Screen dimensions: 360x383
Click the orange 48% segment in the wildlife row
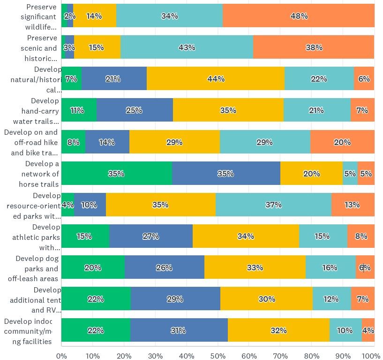(x=299, y=16)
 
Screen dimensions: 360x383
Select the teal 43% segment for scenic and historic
(x=187, y=47)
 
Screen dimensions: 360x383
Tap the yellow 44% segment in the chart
(x=216, y=79)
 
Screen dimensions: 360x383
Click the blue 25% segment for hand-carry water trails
(x=134, y=110)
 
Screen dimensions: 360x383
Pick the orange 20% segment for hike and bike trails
(x=342, y=142)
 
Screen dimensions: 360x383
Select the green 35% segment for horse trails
(x=116, y=173)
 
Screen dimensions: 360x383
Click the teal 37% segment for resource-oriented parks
(x=273, y=205)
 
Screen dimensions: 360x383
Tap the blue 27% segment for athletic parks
(x=150, y=236)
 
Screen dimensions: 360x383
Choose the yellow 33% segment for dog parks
(x=255, y=268)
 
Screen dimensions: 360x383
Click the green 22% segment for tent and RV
(x=96, y=299)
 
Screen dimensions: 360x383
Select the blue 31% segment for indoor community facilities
(x=179, y=330)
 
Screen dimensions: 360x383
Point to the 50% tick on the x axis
(x=218, y=355)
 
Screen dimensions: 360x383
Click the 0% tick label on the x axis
(x=61, y=355)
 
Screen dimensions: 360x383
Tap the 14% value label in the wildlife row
(x=94, y=16)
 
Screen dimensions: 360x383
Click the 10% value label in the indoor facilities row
(x=345, y=330)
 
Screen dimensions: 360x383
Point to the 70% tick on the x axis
(x=280, y=355)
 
